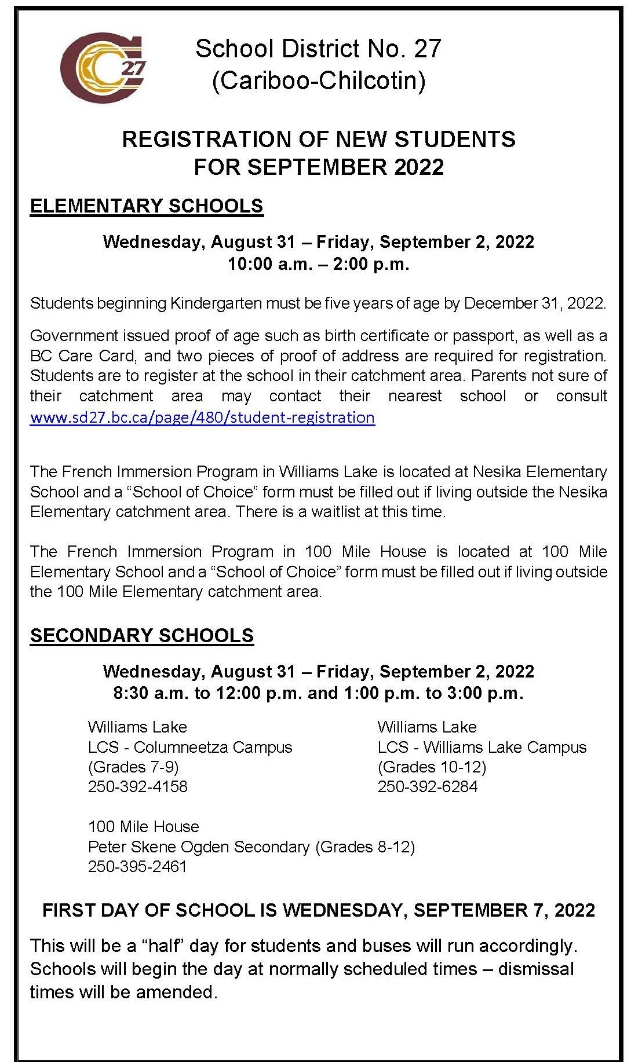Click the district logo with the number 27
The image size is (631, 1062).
pos(104,67)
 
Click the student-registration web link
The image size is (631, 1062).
pos(202,418)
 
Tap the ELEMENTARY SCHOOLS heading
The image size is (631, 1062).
pos(147,206)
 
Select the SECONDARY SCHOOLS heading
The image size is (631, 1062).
pos(142,636)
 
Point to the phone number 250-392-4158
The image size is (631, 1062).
pos(138,787)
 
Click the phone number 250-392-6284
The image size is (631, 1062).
pos(428,787)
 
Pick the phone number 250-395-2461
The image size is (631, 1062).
pos(137,867)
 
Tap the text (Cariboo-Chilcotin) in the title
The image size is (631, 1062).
pos(319,80)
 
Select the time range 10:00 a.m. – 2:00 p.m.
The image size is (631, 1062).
pos(319,264)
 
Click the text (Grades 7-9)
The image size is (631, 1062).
pos(133,767)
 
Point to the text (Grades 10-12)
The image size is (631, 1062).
pos(432,767)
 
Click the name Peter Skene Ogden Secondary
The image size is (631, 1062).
pos(199,847)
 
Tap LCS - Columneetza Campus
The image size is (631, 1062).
pos(190,748)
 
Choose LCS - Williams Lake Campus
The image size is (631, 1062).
pos(482,748)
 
